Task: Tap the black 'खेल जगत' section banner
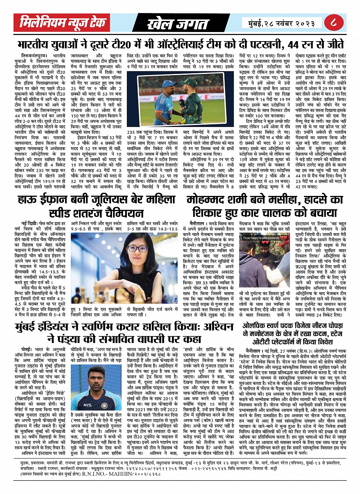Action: (178, 24)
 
